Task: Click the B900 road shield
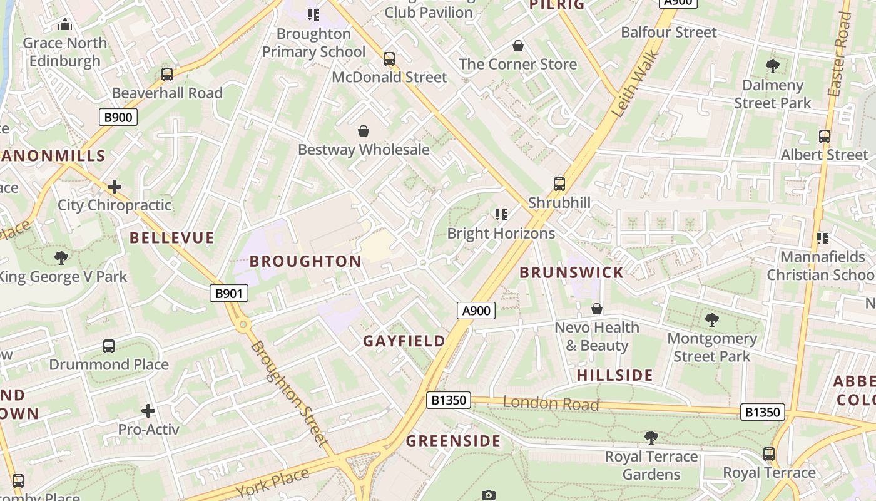point(118,116)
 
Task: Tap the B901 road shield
point(228,293)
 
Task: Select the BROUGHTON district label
point(305,261)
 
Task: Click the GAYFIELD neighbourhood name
point(404,341)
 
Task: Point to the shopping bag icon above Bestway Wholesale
point(363,131)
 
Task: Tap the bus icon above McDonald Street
point(389,59)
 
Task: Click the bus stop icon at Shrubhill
point(559,184)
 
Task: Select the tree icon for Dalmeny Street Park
point(772,66)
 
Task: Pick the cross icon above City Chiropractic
point(115,187)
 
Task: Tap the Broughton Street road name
point(289,395)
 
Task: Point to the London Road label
point(551,404)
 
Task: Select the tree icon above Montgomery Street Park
point(711,320)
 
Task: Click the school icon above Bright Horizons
point(501,215)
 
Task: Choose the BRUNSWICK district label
point(571,272)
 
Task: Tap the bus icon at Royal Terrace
point(769,454)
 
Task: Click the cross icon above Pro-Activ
point(148,411)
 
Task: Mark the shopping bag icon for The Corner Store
point(517,46)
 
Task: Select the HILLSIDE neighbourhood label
point(614,376)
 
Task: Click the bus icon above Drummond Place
point(109,346)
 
